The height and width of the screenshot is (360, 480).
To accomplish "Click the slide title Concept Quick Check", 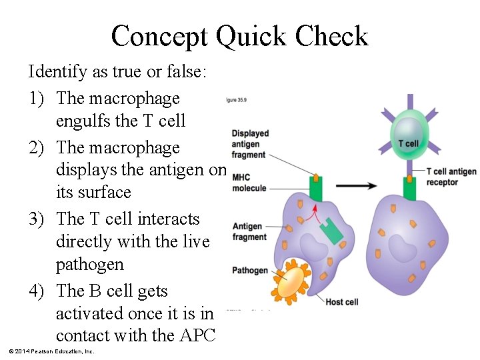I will (239, 36).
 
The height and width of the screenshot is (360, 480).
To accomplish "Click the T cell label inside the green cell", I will (408, 143).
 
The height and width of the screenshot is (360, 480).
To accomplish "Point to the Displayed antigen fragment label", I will (250, 144).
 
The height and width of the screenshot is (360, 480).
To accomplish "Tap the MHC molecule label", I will (249, 183).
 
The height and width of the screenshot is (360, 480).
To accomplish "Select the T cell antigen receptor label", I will (451, 177).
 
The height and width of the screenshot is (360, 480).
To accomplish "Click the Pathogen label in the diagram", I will (249, 271).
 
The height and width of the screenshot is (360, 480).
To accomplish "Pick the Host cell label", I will (341, 302).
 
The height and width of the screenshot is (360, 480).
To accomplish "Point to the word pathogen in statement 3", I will (89, 264).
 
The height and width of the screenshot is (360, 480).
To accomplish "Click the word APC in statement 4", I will (197, 335).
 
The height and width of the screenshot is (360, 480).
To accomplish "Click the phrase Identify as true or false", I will (117, 71).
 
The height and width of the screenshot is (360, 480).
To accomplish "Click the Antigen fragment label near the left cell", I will (249, 232).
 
